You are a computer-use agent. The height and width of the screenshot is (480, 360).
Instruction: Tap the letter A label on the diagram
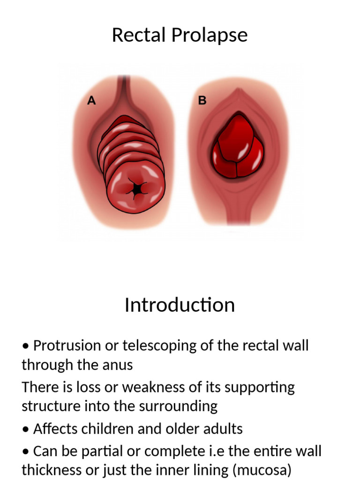pos(92,101)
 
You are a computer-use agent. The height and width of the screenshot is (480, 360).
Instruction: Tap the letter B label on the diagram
pos(202,101)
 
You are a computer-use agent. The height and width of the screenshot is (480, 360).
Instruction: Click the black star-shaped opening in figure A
pos(136,189)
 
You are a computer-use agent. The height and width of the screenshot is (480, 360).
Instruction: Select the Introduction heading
pos(180,305)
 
